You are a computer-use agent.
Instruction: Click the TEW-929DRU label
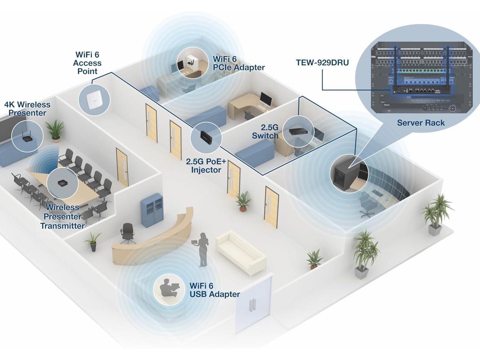[x=322, y=63]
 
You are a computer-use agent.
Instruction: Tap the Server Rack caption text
[x=421, y=123]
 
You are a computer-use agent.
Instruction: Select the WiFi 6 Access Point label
[x=87, y=63]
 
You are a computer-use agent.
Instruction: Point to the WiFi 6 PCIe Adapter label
[x=238, y=63]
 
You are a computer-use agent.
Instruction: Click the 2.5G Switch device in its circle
[x=298, y=131]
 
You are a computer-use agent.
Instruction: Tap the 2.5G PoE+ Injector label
[x=206, y=166]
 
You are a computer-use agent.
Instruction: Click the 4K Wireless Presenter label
[x=27, y=109]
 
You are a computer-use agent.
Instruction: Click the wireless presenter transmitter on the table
[x=62, y=184]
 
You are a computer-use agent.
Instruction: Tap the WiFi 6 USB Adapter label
[x=214, y=290]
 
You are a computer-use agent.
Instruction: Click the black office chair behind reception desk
[x=128, y=232]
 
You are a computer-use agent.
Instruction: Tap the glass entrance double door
[x=253, y=304]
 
